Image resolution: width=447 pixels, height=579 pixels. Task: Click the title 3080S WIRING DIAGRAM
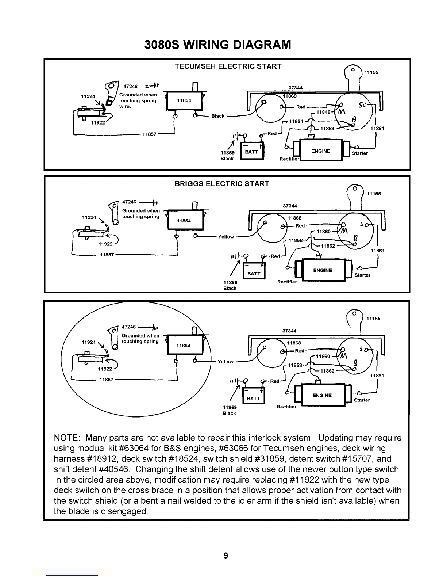(218, 45)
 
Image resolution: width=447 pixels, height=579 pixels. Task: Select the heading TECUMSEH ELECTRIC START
(228, 66)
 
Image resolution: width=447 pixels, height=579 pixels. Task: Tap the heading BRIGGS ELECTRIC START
(222, 184)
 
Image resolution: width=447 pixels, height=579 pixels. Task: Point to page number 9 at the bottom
(226, 556)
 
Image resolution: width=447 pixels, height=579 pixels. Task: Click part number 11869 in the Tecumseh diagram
(290, 96)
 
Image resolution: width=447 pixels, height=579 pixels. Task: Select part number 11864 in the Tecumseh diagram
(327, 129)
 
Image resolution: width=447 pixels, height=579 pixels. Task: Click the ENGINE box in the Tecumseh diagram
(321, 151)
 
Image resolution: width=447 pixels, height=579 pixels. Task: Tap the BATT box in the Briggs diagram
(254, 274)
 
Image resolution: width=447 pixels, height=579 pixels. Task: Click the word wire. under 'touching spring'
(125, 106)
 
